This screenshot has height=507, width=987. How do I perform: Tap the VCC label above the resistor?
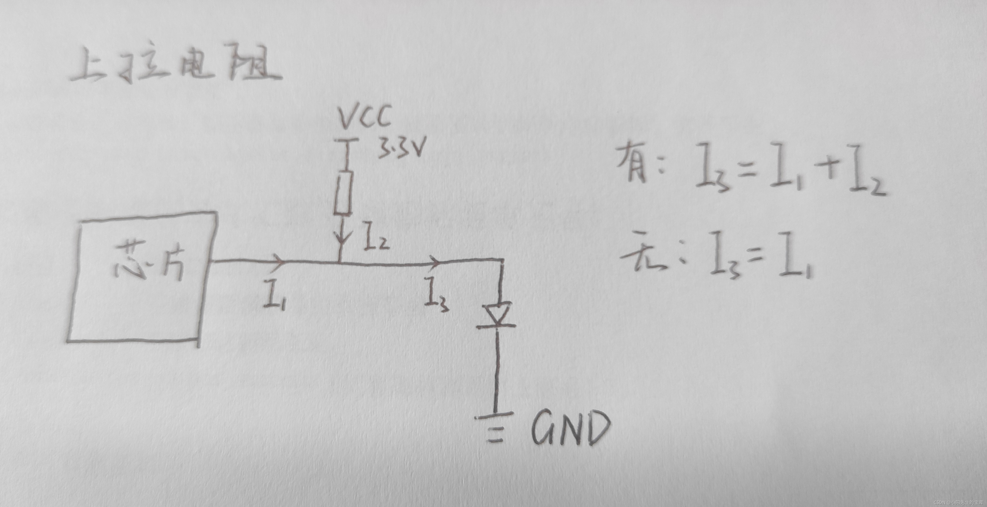365,117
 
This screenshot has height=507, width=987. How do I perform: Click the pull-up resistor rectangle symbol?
342,192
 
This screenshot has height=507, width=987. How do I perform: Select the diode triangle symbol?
497,314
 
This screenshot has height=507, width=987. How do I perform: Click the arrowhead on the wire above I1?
279,261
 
